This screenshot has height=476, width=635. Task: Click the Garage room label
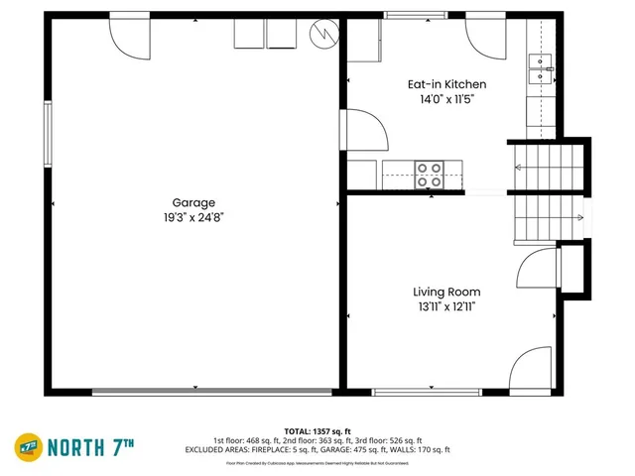(193, 202)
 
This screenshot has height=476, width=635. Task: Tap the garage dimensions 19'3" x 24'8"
(193, 217)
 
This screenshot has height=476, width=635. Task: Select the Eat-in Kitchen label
(446, 84)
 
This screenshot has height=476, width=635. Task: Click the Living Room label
(446, 292)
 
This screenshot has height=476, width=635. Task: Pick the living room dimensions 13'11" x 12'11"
(446, 307)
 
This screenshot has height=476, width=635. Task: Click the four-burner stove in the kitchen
(430, 175)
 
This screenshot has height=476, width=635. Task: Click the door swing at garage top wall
(128, 35)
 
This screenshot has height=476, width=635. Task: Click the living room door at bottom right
(531, 369)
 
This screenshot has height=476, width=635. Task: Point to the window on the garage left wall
(47, 132)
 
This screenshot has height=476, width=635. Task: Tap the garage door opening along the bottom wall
(213, 392)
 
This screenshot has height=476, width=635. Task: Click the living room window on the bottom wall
(428, 392)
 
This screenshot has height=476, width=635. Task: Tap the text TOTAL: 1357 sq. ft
(317, 431)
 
